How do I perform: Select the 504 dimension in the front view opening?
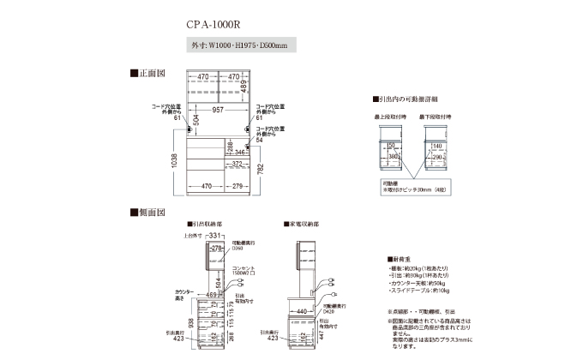[195, 120]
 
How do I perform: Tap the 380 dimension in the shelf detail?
[394, 157]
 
